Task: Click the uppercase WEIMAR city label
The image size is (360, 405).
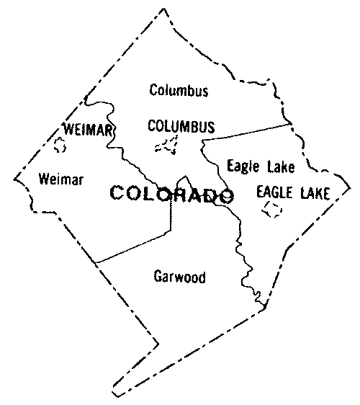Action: click(x=89, y=130)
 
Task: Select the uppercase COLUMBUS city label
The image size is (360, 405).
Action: click(x=181, y=127)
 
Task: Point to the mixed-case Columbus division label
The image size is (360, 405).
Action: click(x=179, y=91)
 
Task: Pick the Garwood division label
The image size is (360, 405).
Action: click(x=180, y=276)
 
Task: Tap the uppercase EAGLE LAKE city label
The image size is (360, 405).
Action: click(x=293, y=193)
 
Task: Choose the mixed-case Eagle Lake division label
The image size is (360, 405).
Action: click(x=260, y=166)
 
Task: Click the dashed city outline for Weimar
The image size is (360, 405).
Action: click(x=60, y=145)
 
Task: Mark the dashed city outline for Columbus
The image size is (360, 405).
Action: click(x=168, y=146)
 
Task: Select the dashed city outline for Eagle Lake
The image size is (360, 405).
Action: click(x=272, y=210)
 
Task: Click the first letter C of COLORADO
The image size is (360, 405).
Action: click(x=117, y=194)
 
